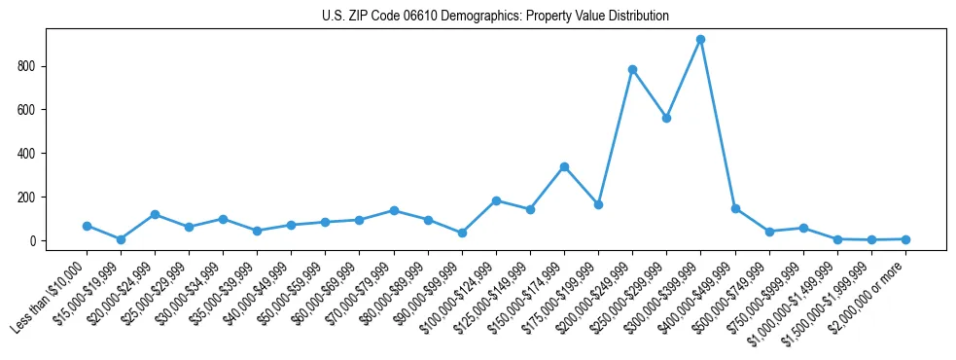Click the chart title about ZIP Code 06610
(x=495, y=17)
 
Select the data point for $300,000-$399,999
(x=700, y=40)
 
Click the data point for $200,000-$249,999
(x=632, y=69)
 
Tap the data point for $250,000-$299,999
(x=666, y=118)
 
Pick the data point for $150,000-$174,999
(x=564, y=166)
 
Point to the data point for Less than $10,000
(x=87, y=226)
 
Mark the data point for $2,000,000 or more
(x=905, y=239)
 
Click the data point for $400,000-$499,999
(x=735, y=208)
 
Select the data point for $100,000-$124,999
(x=496, y=200)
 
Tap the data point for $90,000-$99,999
(x=462, y=233)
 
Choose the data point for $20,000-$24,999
(x=155, y=214)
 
